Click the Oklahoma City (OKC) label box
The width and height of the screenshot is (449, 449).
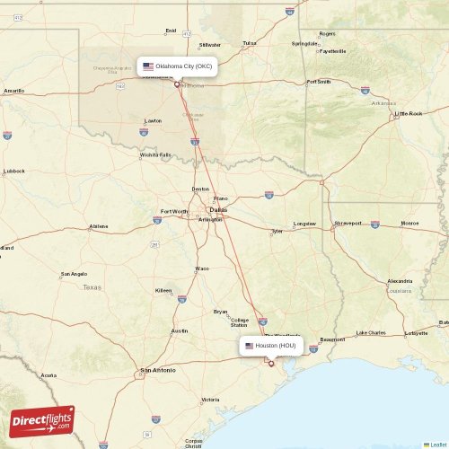pos(177,66)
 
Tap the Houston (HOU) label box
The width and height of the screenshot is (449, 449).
pos(270,345)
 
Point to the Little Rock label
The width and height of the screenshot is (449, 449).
pos(409,114)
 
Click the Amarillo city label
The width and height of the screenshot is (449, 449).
pos(13,91)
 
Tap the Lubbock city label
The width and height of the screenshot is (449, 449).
pos(14,171)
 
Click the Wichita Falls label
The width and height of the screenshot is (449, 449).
pos(155,154)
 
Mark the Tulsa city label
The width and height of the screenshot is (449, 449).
pos(250,42)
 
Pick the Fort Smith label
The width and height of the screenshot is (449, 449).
pos(319,82)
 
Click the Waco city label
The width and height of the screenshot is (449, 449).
pos(202,269)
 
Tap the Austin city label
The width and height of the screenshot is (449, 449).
pos(180,330)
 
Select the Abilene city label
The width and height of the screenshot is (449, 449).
pos(99,226)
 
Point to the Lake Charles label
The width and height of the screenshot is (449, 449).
pos(370,333)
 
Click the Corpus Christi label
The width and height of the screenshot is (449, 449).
pos(193,442)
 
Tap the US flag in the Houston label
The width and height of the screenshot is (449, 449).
pos(250,345)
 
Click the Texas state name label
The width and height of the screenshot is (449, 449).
pos(92,287)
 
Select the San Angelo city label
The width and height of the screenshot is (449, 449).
pos(74,274)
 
